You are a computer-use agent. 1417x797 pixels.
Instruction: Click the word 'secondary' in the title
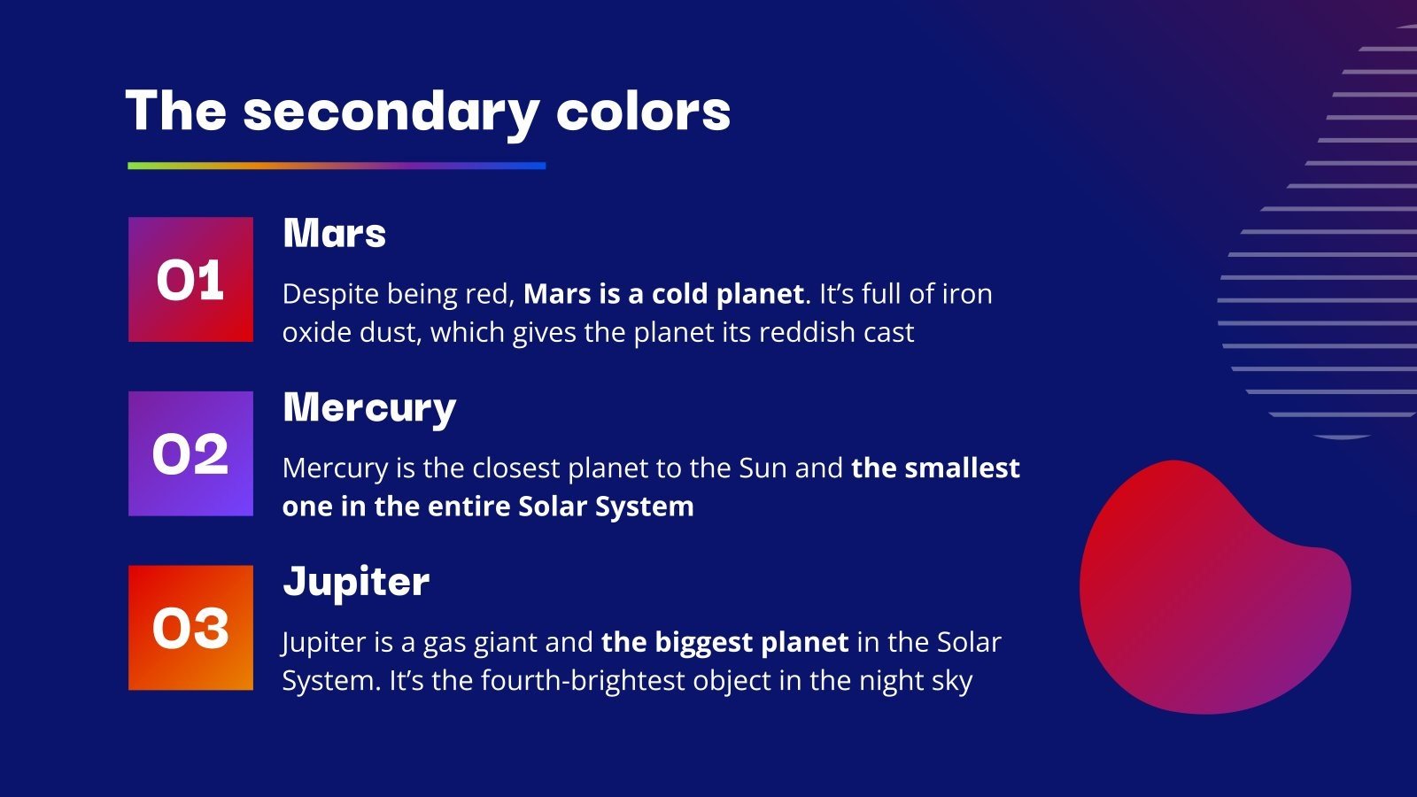click(x=391, y=112)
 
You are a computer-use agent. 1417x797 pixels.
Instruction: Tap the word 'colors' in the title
click(x=643, y=112)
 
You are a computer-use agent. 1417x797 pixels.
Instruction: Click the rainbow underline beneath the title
click(x=337, y=166)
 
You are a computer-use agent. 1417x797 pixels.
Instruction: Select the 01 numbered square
click(x=190, y=280)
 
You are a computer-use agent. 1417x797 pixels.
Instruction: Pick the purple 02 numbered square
click(x=190, y=453)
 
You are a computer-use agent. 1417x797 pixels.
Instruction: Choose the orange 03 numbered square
click(x=190, y=628)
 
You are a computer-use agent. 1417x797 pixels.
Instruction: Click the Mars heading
click(x=334, y=234)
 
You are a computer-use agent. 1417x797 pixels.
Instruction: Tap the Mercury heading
click(x=369, y=408)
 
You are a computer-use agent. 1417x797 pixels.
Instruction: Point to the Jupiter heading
click(x=356, y=582)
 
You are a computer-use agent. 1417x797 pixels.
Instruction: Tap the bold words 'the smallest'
click(x=935, y=468)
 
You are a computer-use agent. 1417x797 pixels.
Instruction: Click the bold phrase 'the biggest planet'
click(x=724, y=642)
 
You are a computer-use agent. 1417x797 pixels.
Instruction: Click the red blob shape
click(x=1204, y=593)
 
